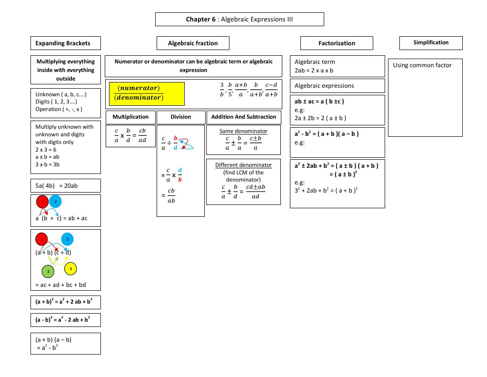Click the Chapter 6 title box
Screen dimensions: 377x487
coord(239,20)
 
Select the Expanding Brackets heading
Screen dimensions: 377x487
coord(66,43)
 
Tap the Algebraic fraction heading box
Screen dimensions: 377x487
coord(193,43)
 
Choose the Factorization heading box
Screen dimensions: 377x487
coord(337,43)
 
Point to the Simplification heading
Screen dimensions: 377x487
coord(431,43)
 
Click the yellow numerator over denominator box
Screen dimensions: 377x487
coord(147,93)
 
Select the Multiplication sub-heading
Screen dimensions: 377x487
coord(130,117)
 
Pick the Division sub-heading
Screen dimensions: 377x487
coord(180,117)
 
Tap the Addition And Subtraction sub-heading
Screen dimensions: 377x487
coord(243,117)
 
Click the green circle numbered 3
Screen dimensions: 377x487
coord(48,272)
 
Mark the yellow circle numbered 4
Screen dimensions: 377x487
coord(70,269)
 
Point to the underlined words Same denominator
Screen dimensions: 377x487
coord(243,131)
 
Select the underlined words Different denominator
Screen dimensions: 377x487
coord(243,165)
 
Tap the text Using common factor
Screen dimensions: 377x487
coord(422,65)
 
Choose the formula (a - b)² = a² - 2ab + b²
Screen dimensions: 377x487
coord(64,320)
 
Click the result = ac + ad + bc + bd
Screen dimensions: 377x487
coord(60,285)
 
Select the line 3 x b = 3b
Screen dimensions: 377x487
coord(47,164)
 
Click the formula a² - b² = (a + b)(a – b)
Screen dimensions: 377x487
coord(326,134)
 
